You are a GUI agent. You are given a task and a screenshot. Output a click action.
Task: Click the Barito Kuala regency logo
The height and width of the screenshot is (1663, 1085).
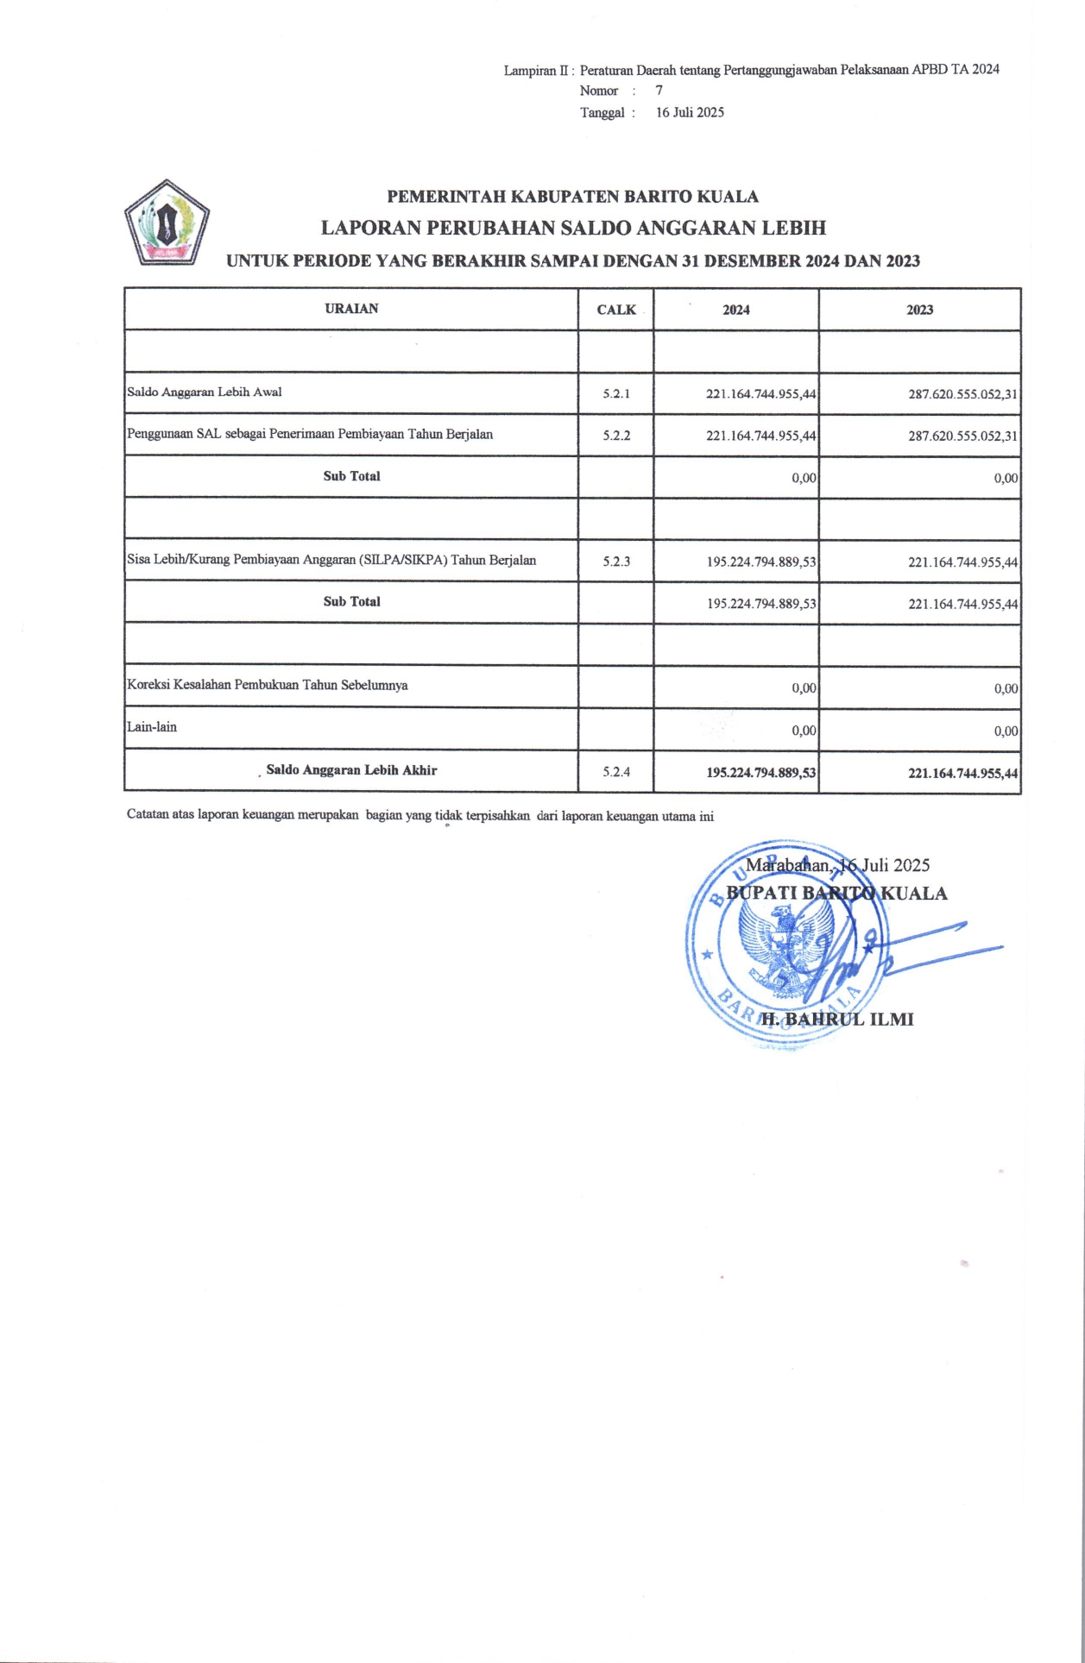point(167,223)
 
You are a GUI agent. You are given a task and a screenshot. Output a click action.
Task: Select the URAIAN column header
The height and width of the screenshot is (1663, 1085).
point(351,309)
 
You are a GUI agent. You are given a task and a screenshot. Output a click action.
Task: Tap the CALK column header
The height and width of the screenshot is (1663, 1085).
point(615,310)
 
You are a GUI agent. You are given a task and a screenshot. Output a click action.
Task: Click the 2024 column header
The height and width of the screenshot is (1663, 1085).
point(735,310)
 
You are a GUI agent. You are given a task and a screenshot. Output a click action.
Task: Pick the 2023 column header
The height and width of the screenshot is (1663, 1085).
point(919,310)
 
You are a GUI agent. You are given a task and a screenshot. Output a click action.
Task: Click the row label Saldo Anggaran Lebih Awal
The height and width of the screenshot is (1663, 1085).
point(205,392)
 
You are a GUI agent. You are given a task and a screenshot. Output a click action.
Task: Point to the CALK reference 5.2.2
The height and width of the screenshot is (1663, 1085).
point(616,436)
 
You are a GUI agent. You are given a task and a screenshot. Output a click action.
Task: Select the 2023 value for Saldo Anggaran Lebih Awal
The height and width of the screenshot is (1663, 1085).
point(962,394)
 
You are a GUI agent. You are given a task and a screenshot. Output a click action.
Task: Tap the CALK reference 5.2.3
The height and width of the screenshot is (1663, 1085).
point(616,562)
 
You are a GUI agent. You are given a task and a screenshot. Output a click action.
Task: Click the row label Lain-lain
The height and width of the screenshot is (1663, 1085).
point(152,727)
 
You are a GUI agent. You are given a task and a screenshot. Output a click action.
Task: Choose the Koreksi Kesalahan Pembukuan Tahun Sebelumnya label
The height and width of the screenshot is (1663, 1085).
point(268,686)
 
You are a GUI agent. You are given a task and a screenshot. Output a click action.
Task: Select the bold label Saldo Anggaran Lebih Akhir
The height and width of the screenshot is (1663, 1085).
point(351,770)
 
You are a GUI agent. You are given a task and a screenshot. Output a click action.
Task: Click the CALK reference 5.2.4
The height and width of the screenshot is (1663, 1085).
point(616,772)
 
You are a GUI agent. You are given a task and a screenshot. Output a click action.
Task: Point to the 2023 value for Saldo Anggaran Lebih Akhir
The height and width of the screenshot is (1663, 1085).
point(962,773)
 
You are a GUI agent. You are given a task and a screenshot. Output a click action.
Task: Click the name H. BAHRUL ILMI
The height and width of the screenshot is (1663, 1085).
point(836,1020)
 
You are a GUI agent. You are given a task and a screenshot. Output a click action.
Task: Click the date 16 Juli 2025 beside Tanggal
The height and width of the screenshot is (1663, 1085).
point(690,112)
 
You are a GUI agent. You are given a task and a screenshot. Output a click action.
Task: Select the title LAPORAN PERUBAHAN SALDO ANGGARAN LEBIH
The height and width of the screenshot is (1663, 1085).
point(573,228)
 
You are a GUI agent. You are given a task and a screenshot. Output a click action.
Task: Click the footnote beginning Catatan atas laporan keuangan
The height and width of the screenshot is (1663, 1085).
point(419,815)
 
